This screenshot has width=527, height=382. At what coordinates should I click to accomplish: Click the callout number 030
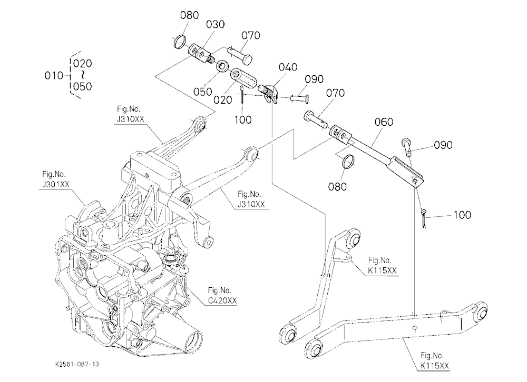(x=215, y=24)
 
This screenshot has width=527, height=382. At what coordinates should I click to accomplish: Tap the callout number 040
(x=288, y=67)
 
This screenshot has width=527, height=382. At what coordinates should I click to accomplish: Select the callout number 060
(x=384, y=122)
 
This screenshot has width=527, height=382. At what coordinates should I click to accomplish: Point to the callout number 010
(x=54, y=76)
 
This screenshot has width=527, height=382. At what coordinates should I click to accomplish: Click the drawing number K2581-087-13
(x=77, y=364)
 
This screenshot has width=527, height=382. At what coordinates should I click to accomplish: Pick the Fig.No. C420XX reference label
(x=222, y=296)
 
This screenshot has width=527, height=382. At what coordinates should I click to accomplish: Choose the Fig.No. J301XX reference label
(x=54, y=179)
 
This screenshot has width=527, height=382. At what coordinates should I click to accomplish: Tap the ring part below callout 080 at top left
(x=180, y=41)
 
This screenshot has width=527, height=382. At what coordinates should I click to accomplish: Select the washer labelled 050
(x=222, y=66)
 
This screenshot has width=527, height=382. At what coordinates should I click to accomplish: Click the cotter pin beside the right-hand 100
(x=424, y=218)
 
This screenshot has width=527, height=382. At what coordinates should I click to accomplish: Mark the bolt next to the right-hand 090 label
(x=407, y=146)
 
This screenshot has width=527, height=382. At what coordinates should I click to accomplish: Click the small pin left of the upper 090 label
(x=300, y=99)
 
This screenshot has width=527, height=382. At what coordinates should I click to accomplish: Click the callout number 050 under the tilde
(x=82, y=87)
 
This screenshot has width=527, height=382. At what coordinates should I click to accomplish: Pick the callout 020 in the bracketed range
(x=82, y=64)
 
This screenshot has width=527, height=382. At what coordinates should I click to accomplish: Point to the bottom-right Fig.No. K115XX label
(x=434, y=360)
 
